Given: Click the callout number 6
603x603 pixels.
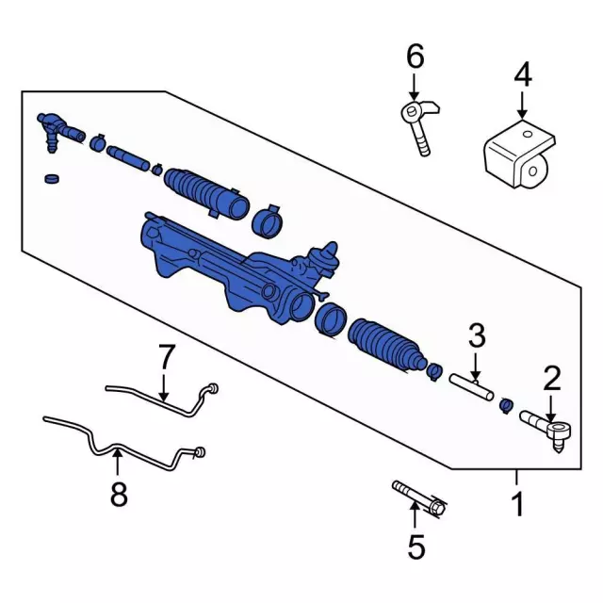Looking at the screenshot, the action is coord(416,57).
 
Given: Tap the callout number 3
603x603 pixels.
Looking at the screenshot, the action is coord(477,335).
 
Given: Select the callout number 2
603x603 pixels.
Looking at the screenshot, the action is coord(552,379).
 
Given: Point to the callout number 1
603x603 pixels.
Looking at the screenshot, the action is coord(518,504).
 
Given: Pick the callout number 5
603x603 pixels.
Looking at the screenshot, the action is coord(416,546).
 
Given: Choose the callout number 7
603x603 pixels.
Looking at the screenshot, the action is coord(167,356).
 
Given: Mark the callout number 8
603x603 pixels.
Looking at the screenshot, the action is coord(119,494).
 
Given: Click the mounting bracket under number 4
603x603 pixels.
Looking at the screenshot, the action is coord(519,155).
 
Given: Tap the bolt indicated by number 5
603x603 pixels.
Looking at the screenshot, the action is coord(419,499).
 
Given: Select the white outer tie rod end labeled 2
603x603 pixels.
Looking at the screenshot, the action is coord(546,430).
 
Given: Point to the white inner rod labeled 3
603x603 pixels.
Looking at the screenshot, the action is coord(471,387).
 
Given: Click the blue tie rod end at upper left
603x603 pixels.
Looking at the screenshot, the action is coord(60,131).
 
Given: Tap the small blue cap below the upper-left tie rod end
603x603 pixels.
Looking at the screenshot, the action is coord(53,179).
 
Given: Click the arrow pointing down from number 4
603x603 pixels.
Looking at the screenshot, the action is coord(522,104).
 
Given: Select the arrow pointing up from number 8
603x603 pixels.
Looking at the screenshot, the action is coord(117,463).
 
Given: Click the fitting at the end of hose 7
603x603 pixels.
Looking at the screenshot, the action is coord(212,388).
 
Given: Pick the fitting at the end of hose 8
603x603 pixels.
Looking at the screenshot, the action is coord(200,452).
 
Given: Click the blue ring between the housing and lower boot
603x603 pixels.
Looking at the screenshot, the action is coord(331,320).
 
